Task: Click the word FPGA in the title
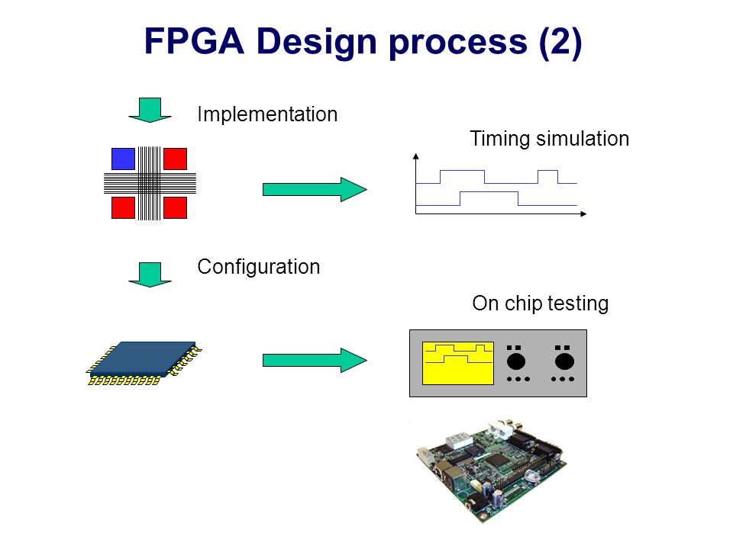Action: coord(194,41)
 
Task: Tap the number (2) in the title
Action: coord(560,43)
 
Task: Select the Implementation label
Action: coord(267,114)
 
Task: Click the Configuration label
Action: coord(259,267)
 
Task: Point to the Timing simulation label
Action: coord(549,139)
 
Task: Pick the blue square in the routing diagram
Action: coord(124,159)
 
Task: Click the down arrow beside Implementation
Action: coord(150,110)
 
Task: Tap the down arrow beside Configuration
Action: coord(150,274)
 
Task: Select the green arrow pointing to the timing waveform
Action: coord(315,190)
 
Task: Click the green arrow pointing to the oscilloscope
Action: coord(315,360)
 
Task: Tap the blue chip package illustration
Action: coord(144,363)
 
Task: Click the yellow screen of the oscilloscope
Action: coord(457,363)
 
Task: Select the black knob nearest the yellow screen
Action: coord(516,361)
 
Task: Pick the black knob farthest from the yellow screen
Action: coord(564,361)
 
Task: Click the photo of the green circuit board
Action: coord(491,469)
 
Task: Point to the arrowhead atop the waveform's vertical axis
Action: coord(415,156)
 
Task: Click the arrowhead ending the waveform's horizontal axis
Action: coord(583,213)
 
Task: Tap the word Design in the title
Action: coord(317,41)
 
